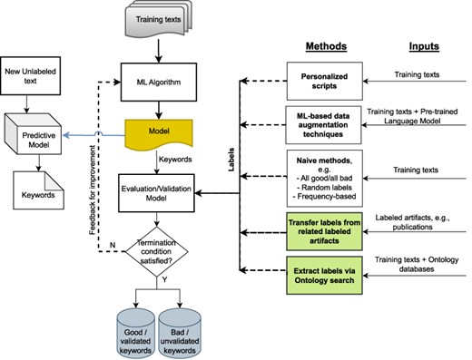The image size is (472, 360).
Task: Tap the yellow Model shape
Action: point(158,133)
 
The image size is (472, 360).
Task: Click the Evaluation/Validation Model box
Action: point(159,191)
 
